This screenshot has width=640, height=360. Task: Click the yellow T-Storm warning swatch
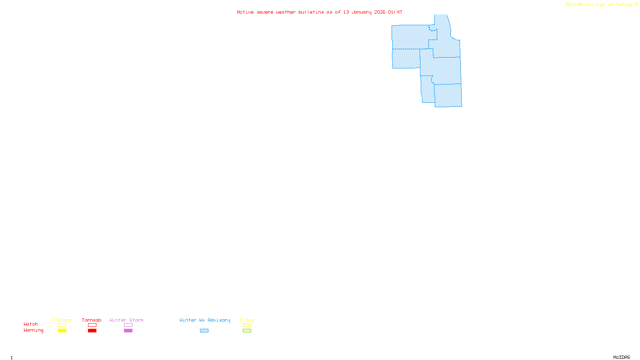click(62, 331)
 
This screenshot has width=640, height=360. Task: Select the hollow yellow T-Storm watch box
click(62, 325)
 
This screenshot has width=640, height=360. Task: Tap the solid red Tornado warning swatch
click(92, 331)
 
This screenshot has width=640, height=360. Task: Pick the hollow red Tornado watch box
click(92, 325)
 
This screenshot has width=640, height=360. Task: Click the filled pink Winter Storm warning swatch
click(128, 331)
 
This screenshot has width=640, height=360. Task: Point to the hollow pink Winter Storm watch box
click(128, 325)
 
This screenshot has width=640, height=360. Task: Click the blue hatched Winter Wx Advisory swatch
click(204, 331)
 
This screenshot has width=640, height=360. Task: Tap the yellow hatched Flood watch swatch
click(247, 325)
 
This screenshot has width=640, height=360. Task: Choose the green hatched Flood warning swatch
click(247, 331)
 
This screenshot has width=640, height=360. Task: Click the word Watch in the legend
click(31, 324)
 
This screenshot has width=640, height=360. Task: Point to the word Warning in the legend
click(33, 330)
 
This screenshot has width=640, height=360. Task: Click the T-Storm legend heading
click(62, 320)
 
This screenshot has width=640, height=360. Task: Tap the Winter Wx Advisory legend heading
click(205, 320)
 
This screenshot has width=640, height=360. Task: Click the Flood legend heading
click(247, 320)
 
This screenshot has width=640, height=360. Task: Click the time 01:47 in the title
click(395, 12)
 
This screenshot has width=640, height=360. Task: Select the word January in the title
click(361, 12)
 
